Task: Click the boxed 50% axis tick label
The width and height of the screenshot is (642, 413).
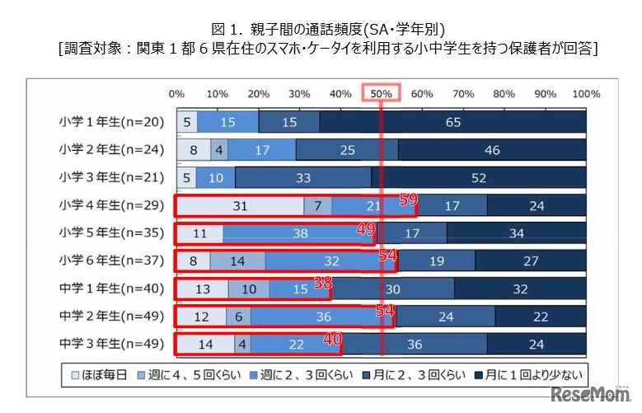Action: (382, 93)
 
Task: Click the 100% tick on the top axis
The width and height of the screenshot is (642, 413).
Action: (585, 93)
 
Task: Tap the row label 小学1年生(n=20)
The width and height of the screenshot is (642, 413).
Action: (112, 121)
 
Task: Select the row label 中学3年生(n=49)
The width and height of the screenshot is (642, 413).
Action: (112, 344)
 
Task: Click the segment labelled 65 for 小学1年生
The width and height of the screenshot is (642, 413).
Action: (452, 121)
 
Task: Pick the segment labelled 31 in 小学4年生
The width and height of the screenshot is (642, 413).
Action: (240, 205)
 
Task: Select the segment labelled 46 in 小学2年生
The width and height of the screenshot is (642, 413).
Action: (492, 149)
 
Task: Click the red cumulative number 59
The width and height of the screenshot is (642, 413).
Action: (407, 199)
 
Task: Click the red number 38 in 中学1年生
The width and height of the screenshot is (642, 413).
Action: (323, 283)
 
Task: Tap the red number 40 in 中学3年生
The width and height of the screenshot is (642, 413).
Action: (330, 338)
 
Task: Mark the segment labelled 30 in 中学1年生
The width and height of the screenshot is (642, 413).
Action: (393, 289)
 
